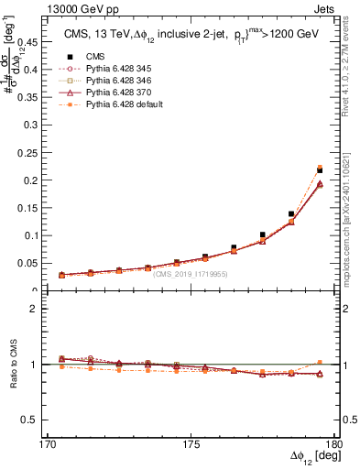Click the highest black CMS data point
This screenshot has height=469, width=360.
pos(320,170)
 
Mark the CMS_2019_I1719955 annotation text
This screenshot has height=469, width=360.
pos(191,273)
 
